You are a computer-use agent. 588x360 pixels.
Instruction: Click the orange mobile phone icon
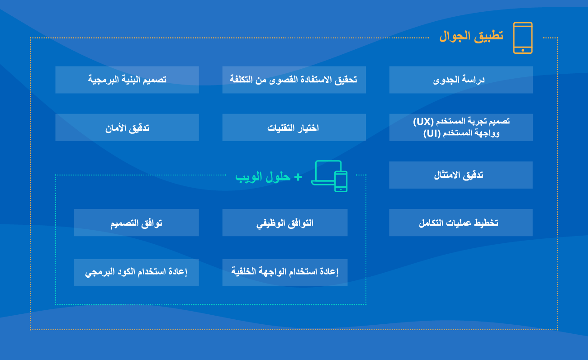pyautogui.click(x=522, y=38)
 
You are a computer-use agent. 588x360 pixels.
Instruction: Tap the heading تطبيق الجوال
pyautogui.click(x=471, y=37)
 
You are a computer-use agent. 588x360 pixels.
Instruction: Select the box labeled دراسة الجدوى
pyautogui.click(x=461, y=80)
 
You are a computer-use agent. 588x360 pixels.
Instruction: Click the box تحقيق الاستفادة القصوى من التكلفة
pyautogui.click(x=294, y=80)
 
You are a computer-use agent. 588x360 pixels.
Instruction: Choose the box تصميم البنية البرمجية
pyautogui.click(x=127, y=80)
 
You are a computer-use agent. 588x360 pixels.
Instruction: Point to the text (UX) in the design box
pyautogui.click(x=423, y=121)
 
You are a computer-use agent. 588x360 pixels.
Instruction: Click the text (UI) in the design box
pyautogui.click(x=432, y=133)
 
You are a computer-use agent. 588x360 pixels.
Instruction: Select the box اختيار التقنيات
pyautogui.click(x=294, y=128)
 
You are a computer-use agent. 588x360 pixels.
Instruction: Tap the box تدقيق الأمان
pyautogui.click(x=127, y=128)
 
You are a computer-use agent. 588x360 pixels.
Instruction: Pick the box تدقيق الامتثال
pyautogui.click(x=461, y=175)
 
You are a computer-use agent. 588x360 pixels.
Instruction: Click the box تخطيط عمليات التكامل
pyautogui.click(x=461, y=223)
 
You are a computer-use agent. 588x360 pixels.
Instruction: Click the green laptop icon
pyautogui.click(x=325, y=172)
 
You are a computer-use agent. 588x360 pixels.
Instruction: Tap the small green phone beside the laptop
pyautogui.click(x=341, y=181)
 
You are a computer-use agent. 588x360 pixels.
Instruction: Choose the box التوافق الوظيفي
pyautogui.click(x=285, y=223)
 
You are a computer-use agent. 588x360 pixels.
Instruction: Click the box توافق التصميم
pyautogui.click(x=136, y=223)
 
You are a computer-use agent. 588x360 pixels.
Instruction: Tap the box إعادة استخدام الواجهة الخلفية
pyautogui.click(x=285, y=272)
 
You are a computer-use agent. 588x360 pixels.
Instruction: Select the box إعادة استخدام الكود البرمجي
pyautogui.click(x=136, y=272)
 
